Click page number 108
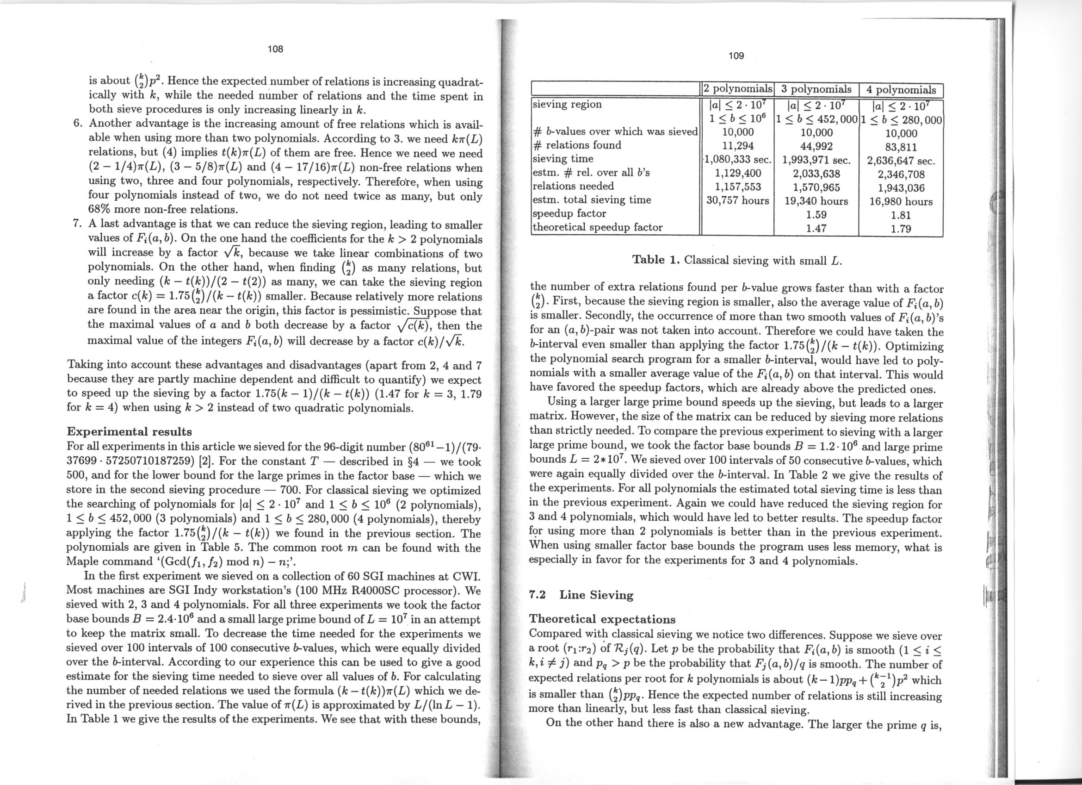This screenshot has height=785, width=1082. tap(275, 49)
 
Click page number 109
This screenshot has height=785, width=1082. tap(736, 56)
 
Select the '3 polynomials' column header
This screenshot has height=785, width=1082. tap(816, 89)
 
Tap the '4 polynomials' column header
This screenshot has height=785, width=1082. tap(901, 90)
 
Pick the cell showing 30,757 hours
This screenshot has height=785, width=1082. tap(737, 200)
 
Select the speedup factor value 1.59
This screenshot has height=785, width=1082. tap(816, 215)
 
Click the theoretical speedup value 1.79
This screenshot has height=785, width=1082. tap(901, 229)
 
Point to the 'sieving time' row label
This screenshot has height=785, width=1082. tap(563, 159)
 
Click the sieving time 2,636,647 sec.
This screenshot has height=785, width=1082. tap(901, 161)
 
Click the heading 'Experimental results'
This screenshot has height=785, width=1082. tap(129, 432)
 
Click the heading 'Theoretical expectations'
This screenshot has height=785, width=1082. tap(603, 619)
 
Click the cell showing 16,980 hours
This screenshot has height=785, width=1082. tap(901, 201)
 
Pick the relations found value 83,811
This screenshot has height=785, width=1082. tap(901, 148)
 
